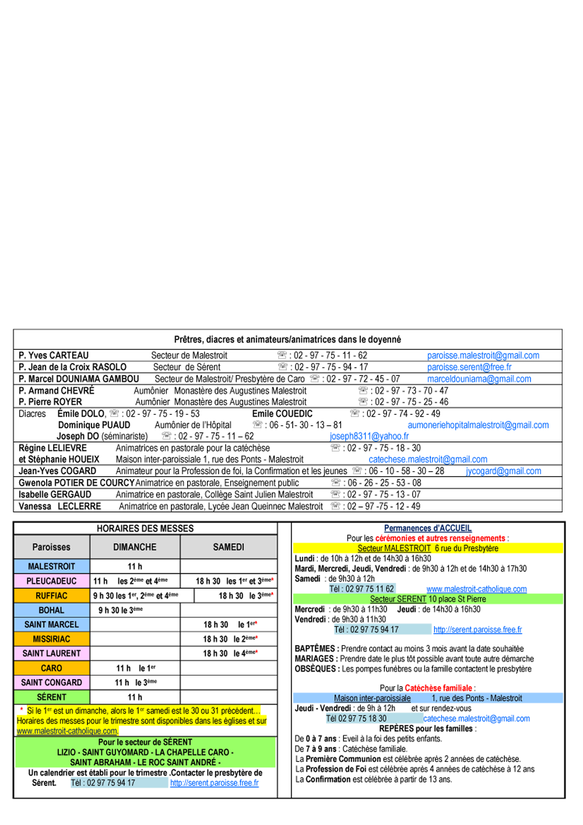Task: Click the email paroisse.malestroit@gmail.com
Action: tap(483, 355)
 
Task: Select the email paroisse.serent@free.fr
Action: tap(469, 367)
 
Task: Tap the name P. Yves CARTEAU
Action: tap(54, 355)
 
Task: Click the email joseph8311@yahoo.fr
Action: tap(369, 436)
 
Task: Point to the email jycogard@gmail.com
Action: tap(504, 471)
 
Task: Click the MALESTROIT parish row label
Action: tap(51, 566)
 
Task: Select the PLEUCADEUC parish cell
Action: tap(51, 581)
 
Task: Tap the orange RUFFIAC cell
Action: tap(51, 596)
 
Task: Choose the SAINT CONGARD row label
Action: tap(51, 683)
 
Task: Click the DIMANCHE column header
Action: tap(135, 547)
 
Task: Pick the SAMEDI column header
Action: tap(229, 547)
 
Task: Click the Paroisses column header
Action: tap(51, 547)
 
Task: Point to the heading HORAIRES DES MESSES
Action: tap(145, 529)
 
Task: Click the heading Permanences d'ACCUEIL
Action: tap(428, 528)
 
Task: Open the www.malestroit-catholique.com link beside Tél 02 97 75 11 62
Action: tap(476, 589)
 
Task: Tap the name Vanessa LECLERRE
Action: tap(59, 506)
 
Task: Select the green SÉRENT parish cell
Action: tap(51, 697)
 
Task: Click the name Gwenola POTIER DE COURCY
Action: tap(76, 483)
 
